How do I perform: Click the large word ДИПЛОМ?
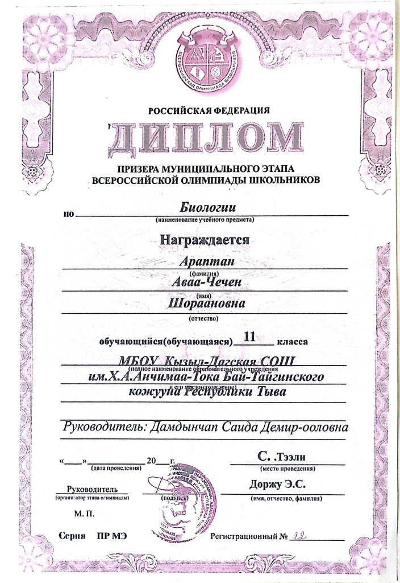(206, 138)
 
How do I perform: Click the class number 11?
(250, 336)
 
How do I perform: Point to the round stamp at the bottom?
(182, 495)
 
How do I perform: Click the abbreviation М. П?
(81, 514)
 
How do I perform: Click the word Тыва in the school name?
(264, 392)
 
